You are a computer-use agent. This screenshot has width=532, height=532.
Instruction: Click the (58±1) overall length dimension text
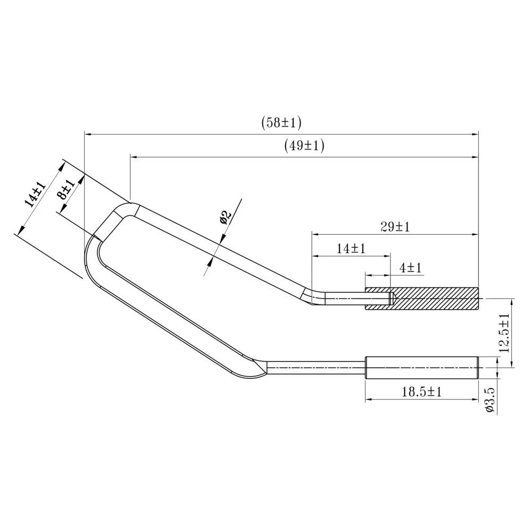click(281, 123)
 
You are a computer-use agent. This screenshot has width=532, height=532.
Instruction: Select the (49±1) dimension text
click(304, 146)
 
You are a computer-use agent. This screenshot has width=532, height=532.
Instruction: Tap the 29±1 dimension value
click(395, 227)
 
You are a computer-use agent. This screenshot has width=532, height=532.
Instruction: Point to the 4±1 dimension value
click(410, 268)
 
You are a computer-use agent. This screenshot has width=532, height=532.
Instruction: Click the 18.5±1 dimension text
click(422, 392)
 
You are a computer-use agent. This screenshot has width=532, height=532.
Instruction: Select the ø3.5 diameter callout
click(490, 401)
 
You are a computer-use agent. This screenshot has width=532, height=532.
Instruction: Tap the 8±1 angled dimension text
click(66, 190)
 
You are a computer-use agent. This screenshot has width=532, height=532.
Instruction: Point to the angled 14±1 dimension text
click(35, 194)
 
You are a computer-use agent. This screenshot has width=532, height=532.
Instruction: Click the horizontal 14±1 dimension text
click(351, 248)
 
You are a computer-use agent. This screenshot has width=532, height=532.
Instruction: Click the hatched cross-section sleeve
click(436, 298)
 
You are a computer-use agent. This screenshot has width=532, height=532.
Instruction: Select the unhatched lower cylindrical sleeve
click(422, 368)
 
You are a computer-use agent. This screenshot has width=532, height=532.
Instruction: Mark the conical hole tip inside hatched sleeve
click(393, 298)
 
